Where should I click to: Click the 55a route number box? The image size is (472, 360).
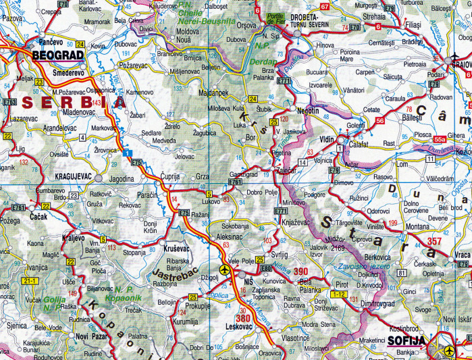[x=440, y=139]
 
